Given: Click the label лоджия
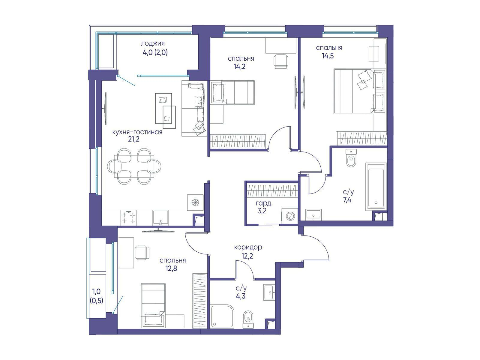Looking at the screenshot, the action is tap(152, 44).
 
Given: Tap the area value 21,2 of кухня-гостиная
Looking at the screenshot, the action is tap(133, 139).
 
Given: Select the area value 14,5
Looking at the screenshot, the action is tap(328, 56).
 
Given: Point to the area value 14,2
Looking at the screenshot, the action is tap(239, 66).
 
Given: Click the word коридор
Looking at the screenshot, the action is tap(248, 248).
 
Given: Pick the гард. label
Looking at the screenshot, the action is tap(264, 204).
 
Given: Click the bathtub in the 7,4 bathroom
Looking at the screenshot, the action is tap(376, 186).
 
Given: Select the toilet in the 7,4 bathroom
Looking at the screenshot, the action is tap(351, 158).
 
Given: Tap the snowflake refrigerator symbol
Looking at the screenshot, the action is tap(195, 202).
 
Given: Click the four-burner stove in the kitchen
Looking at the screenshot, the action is tap(129, 218).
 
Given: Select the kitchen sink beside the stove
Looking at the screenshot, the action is tap(160, 218).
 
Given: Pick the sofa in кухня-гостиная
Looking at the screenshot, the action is tap(194, 108).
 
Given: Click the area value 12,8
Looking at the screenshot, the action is tap(171, 268).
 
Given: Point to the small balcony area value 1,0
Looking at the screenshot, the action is tap(96, 291).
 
